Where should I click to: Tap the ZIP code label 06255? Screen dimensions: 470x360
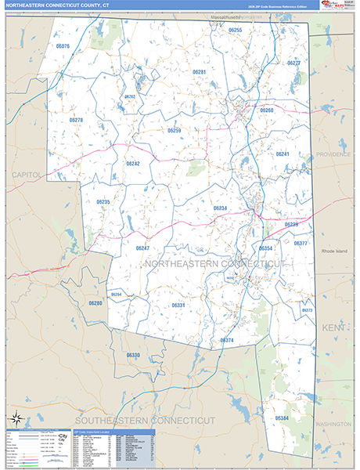pos(235,30)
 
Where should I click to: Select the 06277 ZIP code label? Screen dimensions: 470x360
pos(293,63)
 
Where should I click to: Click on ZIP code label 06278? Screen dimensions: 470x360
pos(76,120)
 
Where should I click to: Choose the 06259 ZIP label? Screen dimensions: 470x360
pos(174,131)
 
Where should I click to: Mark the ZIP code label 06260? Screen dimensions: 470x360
pos(267,110)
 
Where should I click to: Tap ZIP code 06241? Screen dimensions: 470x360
pos(283,154)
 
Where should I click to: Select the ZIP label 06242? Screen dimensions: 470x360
pos(132,164)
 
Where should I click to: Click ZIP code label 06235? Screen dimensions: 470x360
pos(103,202)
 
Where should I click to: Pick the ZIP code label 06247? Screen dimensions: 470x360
pos(142,248)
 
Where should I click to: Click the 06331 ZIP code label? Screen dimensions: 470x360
pos(178,305)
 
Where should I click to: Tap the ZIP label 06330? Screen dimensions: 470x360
pos(133,355)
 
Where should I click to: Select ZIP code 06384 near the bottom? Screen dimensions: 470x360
pos(281,418)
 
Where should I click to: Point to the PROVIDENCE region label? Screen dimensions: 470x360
pos(334,154)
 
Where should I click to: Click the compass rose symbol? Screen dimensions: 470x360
pos(15,419)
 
